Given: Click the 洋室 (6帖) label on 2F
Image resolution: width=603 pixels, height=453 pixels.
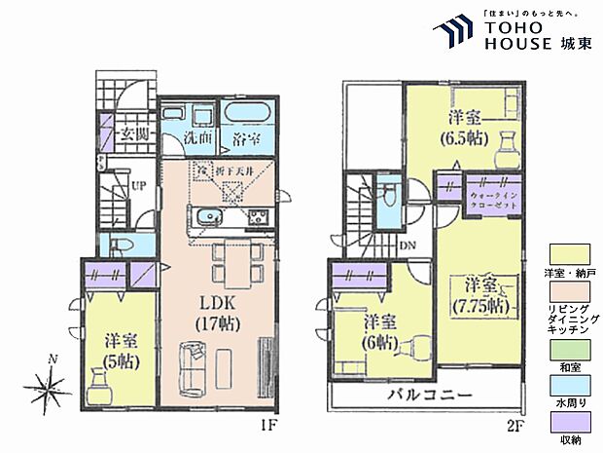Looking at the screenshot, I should (x=379, y=329).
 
